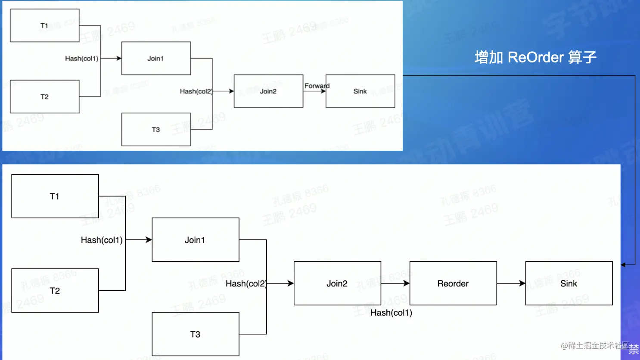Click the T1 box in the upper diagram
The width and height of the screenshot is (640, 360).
pyautogui.click(x=44, y=25)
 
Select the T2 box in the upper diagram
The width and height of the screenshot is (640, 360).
pyautogui.click(x=44, y=96)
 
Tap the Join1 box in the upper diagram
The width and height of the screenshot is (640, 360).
pyautogui.click(x=156, y=58)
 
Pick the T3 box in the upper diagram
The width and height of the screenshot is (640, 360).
pyautogui.click(x=156, y=129)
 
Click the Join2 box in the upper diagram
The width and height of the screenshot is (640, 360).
pyautogui.click(x=268, y=91)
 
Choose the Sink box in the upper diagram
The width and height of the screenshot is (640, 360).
pyautogui.click(x=360, y=91)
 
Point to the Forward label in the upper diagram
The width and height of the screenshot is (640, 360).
pyautogui.click(x=317, y=86)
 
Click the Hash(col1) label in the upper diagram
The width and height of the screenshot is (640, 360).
pyautogui.click(x=82, y=58)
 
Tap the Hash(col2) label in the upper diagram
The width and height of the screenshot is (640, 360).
pyautogui.click(x=196, y=91)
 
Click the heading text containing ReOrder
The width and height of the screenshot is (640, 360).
pyautogui.click(x=535, y=57)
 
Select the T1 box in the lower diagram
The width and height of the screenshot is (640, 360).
pyautogui.click(x=55, y=196)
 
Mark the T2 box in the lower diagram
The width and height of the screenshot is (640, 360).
pyautogui.click(x=55, y=291)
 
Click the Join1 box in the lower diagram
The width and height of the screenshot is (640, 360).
pyautogui.click(x=195, y=240)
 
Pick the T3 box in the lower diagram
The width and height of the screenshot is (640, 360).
pyautogui.click(x=195, y=334)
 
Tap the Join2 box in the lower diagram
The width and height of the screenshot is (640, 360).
pyautogui.click(x=337, y=283)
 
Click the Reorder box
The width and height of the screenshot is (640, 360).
pyautogui.click(x=453, y=283)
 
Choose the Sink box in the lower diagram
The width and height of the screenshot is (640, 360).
pyautogui.click(x=569, y=283)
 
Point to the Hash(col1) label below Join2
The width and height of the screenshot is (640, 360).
pyautogui.click(x=391, y=313)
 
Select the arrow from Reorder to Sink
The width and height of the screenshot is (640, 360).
pyautogui.click(x=511, y=283)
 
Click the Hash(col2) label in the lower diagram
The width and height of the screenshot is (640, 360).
pyautogui.click(x=246, y=283)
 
